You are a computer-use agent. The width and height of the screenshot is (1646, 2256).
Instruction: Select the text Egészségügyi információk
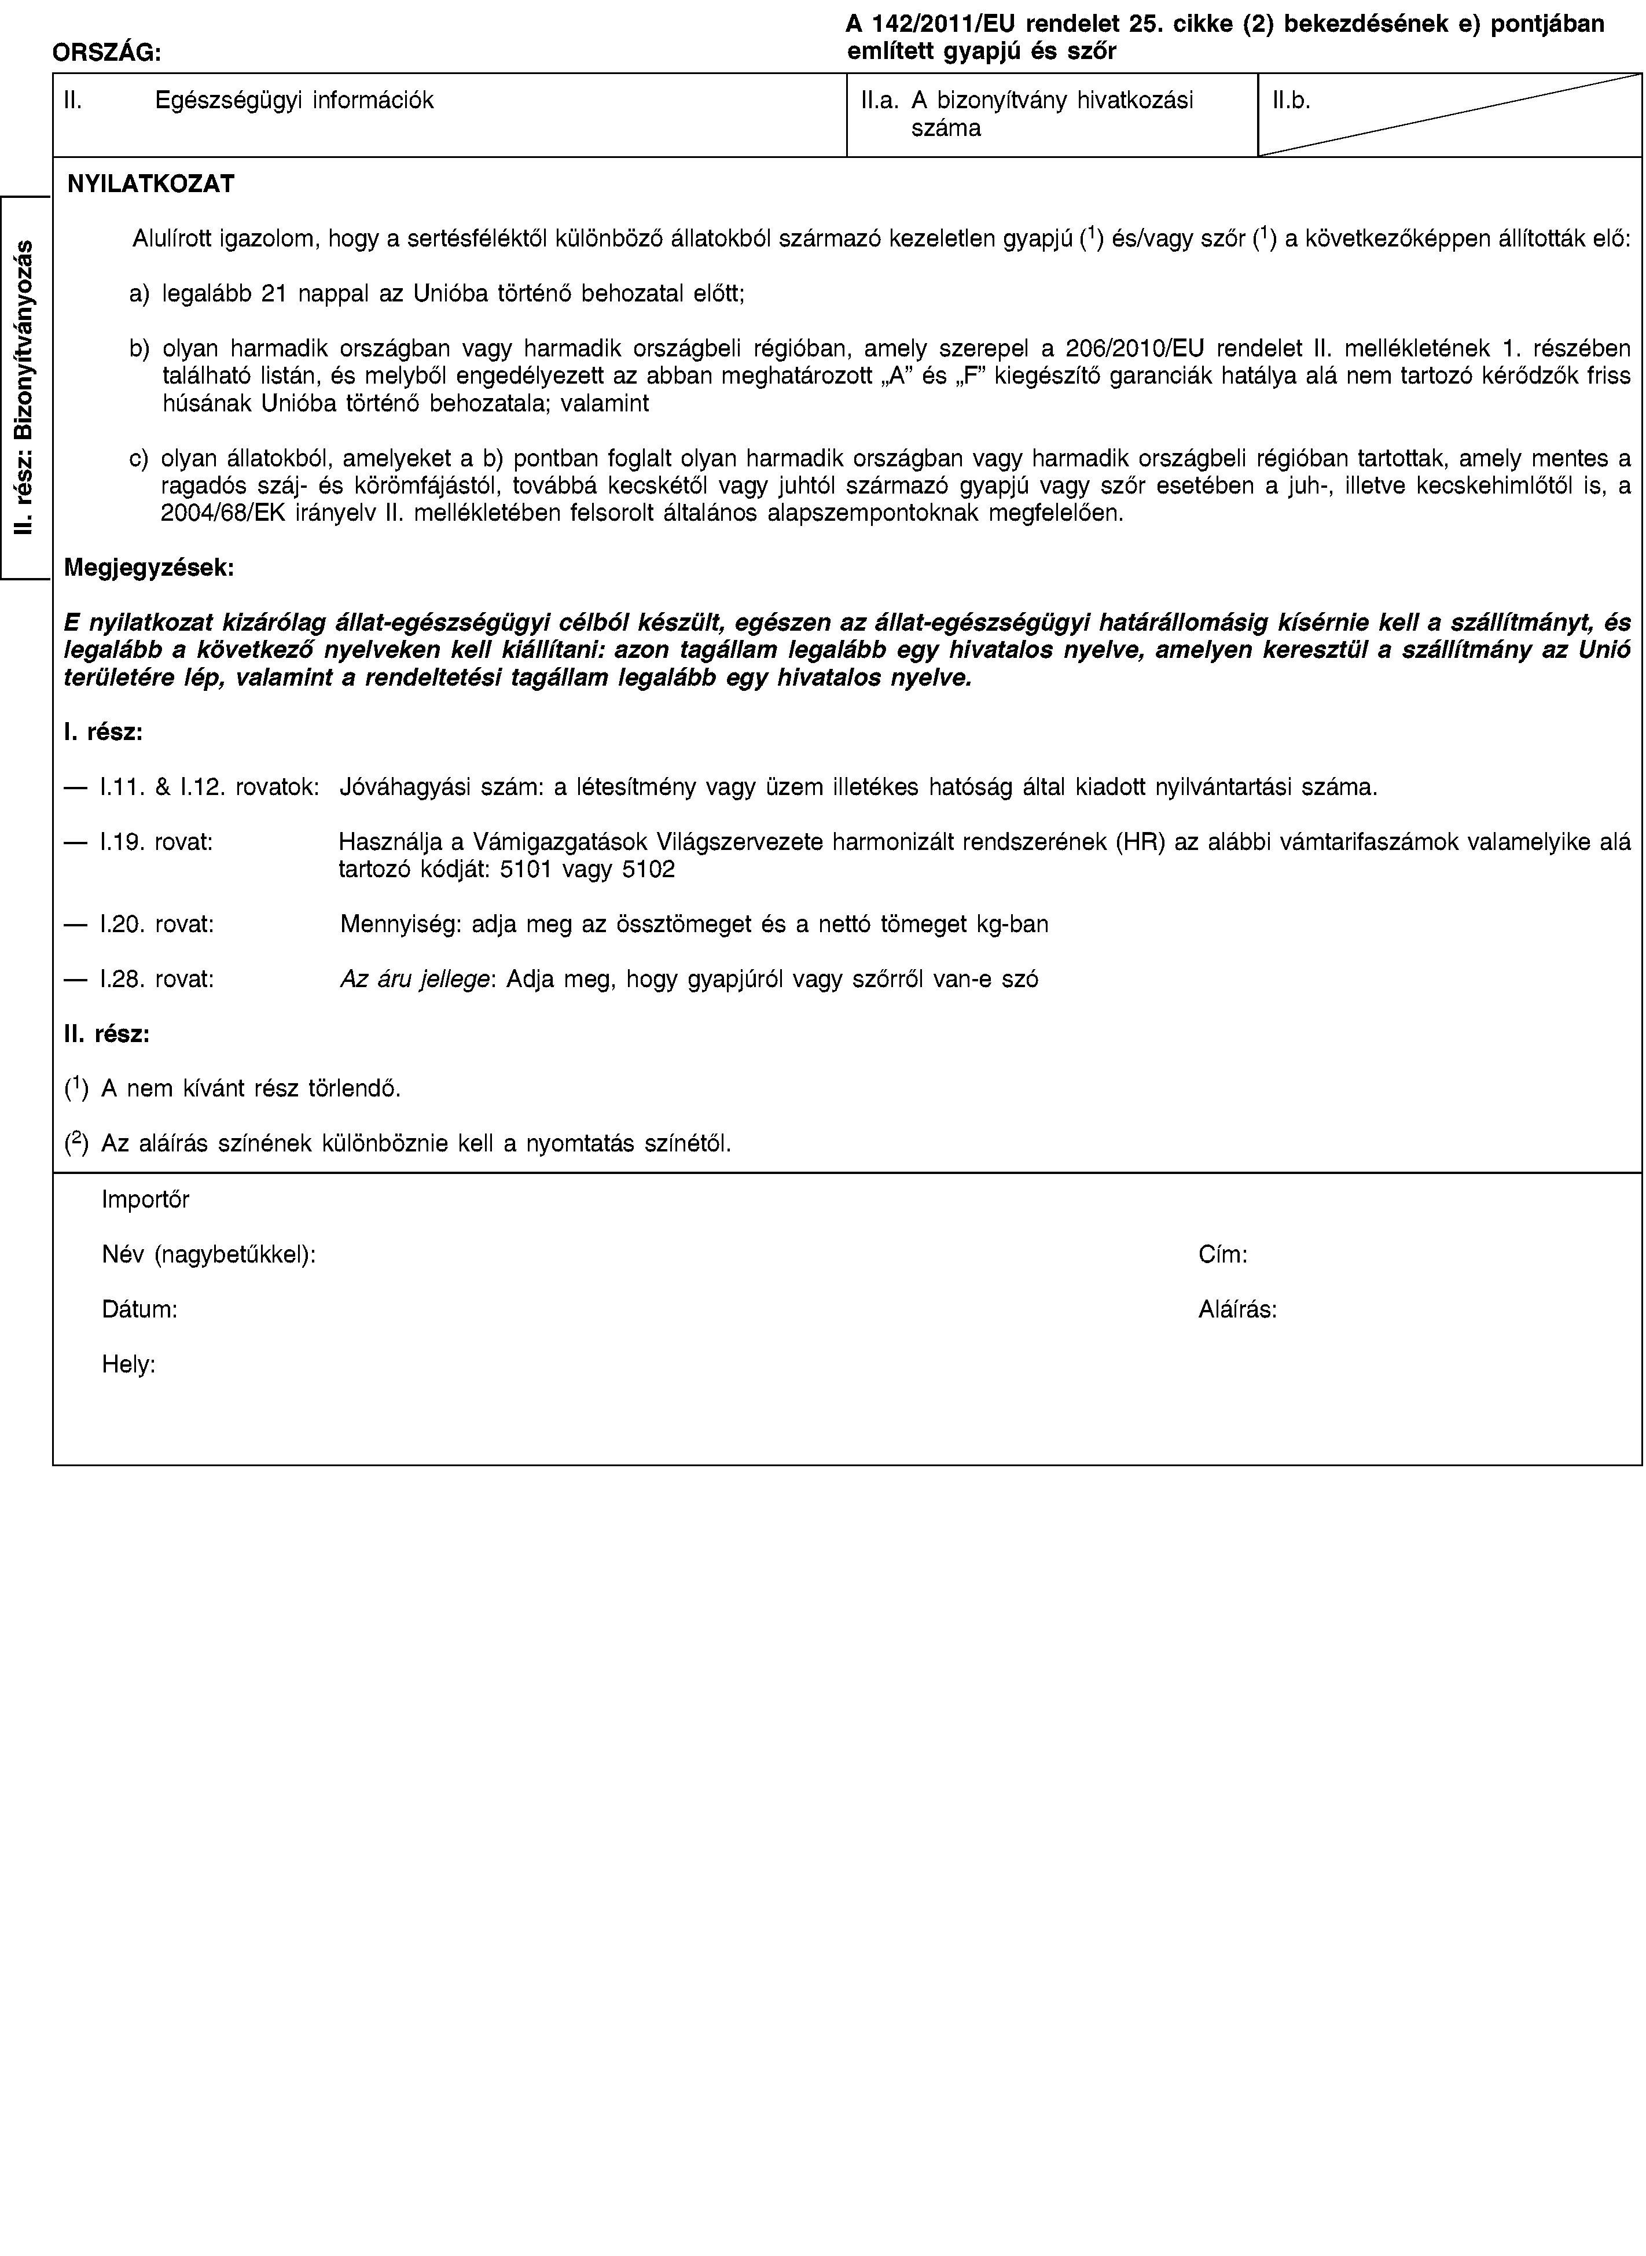coord(294,101)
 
